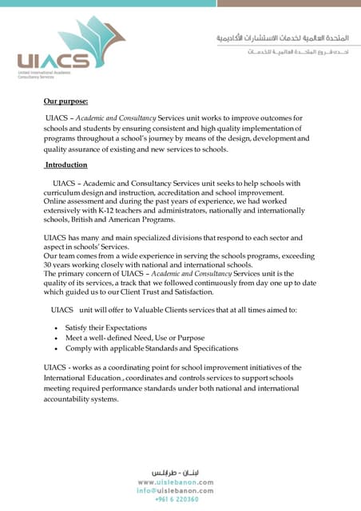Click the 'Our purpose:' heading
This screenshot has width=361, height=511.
pyautogui.click(x=65, y=101)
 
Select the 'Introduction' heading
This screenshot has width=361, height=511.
pyautogui.click(x=66, y=164)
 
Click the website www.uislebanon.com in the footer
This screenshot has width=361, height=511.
pyautogui.click(x=176, y=482)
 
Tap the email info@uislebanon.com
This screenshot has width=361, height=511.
pyautogui.click(x=176, y=491)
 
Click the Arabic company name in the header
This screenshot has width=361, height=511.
pyautogui.click(x=282, y=38)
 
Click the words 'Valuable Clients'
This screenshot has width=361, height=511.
pyautogui.click(x=149, y=309)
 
